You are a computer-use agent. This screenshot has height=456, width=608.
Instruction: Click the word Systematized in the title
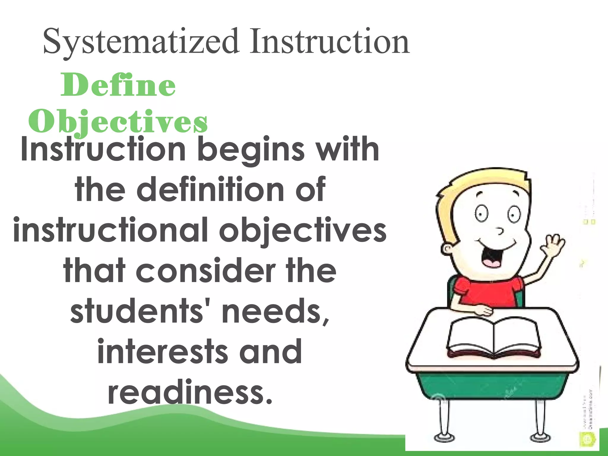pos(141,42)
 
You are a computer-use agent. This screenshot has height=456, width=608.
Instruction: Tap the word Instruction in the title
pos(330,42)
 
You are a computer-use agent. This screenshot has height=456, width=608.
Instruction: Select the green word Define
pos(118,85)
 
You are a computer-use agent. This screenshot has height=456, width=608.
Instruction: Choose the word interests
pos(162,352)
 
